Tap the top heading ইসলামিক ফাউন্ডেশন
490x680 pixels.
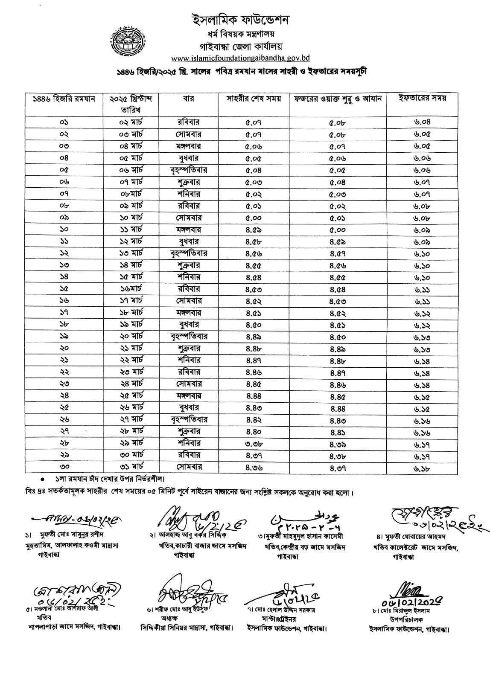coord(241,20)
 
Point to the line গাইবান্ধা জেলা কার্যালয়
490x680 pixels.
coord(241,46)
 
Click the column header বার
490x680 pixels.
coord(189,99)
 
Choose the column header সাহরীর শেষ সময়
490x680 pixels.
coord(254,99)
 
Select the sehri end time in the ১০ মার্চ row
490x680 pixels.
coord(254,218)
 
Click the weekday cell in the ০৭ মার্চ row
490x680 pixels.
coord(189,182)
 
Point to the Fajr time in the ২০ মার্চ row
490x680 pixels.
coord(338,337)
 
